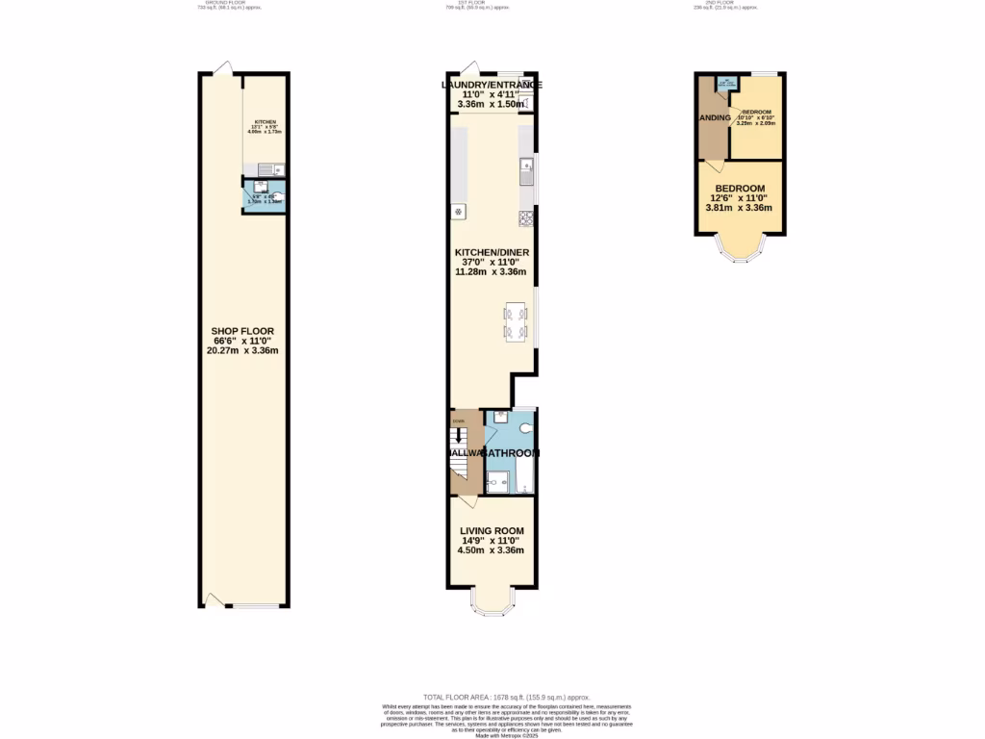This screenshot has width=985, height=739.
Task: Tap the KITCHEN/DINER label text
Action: click(x=492, y=253)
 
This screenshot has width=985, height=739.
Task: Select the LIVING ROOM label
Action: click(x=491, y=530)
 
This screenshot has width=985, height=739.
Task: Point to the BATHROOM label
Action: click(x=511, y=452)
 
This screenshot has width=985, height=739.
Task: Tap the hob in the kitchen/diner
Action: click(x=526, y=217)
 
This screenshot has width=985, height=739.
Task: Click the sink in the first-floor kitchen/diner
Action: click(x=526, y=173)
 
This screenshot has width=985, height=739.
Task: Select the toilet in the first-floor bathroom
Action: click(x=525, y=427)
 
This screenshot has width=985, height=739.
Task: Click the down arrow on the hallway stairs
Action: click(x=459, y=434)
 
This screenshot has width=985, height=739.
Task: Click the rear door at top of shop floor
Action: click(x=222, y=68)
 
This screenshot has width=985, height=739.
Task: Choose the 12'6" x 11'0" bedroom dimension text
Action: click(x=739, y=197)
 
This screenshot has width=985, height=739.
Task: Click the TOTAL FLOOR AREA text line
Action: click(x=506, y=697)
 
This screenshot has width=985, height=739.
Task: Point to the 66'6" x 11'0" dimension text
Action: click(x=242, y=341)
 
